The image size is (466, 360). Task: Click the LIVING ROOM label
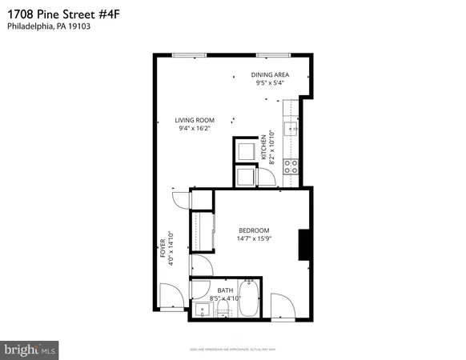pyautogui.click(x=195, y=121)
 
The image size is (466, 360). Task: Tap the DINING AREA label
pyautogui.click(x=271, y=74)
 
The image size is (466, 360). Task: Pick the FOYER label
pyautogui.click(x=162, y=247)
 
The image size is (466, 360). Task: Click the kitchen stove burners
pyautogui.click(x=292, y=166)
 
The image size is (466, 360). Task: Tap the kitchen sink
pyautogui.click(x=293, y=128)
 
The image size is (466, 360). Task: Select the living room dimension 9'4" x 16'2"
pyautogui.click(x=195, y=130)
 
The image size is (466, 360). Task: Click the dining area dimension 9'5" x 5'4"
pyautogui.click(x=271, y=82)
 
